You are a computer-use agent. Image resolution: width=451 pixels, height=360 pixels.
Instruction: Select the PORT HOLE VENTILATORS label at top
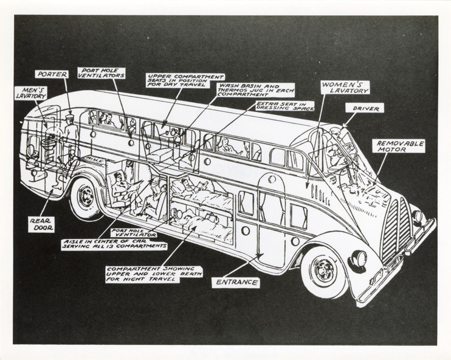click(102, 74)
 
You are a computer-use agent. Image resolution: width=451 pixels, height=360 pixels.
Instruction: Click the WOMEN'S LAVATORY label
click(345, 87)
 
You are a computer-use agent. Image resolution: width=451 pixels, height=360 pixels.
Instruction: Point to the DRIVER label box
click(364, 108)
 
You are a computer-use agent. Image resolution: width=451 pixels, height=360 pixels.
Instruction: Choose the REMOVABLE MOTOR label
click(399, 147)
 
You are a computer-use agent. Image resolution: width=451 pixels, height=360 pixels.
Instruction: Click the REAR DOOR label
click(40, 223)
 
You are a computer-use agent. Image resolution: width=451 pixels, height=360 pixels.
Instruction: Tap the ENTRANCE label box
click(236, 282)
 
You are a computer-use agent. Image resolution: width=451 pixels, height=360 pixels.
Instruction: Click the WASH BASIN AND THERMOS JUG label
click(255, 90)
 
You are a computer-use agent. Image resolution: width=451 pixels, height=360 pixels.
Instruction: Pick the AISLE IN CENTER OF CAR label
click(115, 244)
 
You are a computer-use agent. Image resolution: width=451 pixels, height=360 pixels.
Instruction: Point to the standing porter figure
click(70, 134)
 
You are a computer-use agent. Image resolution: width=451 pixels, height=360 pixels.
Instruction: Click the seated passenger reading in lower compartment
click(122, 189)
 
